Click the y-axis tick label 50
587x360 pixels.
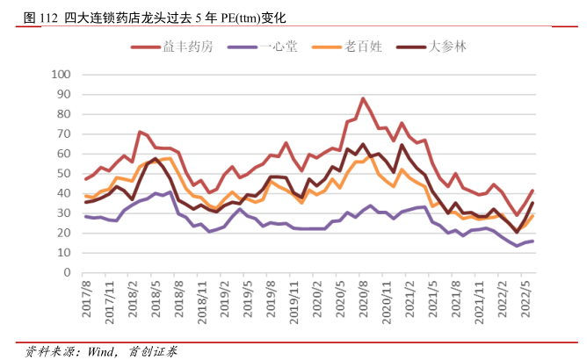(62, 173)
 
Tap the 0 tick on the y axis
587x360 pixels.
(66, 272)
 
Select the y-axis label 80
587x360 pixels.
(62, 113)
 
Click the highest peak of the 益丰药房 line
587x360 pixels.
(363, 98)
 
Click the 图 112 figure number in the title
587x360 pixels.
(41, 17)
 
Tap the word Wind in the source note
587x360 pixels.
(98, 349)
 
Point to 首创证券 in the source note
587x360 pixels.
(154, 349)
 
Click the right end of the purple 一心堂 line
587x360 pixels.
(533, 241)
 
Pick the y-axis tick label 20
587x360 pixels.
(62, 233)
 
